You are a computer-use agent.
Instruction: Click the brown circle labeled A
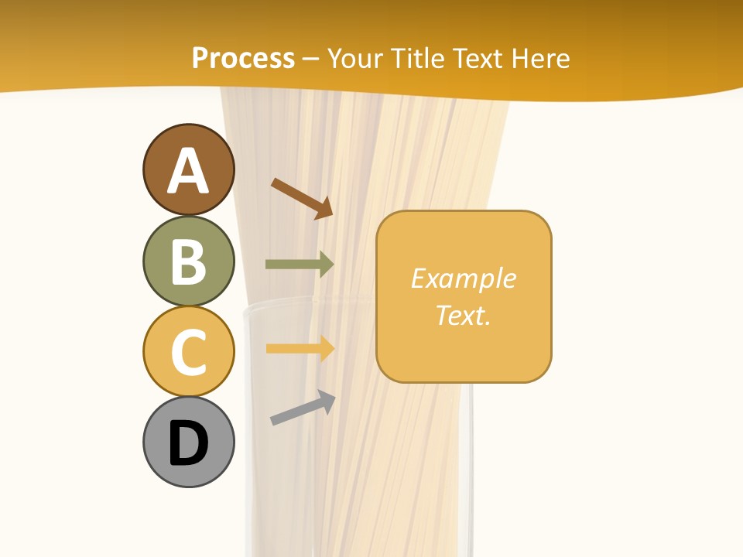tap(188, 169)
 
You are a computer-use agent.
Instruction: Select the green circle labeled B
tap(188, 261)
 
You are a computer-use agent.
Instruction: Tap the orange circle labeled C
tap(188, 351)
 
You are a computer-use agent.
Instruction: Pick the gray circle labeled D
tap(188, 442)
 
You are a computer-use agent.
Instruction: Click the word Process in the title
tap(243, 58)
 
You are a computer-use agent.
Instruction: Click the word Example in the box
tap(463, 278)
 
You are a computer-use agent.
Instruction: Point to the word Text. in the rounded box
tap(463, 315)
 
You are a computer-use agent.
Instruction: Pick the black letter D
tap(188, 443)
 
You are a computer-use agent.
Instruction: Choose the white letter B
tap(188, 261)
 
